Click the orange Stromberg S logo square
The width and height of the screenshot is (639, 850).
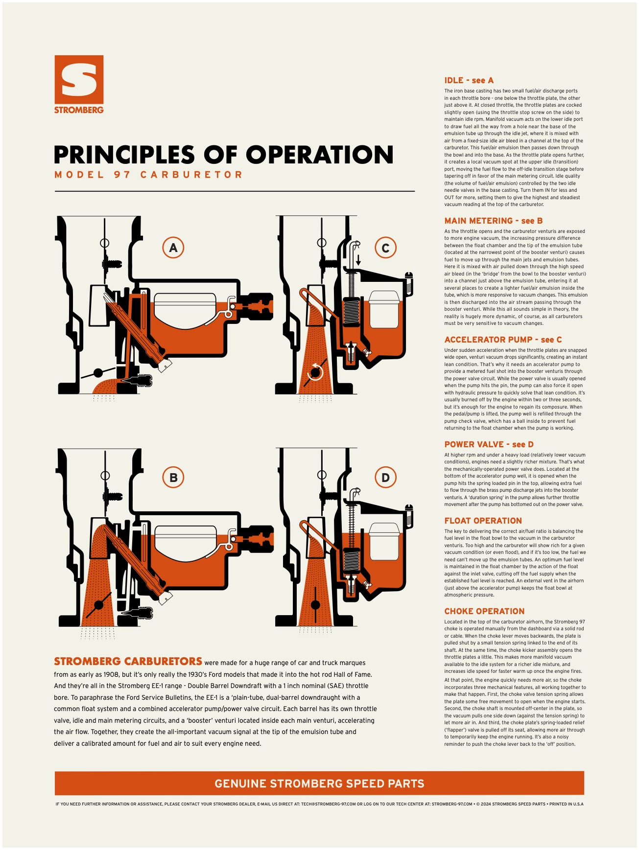point(79,79)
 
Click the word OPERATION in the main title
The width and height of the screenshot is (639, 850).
point(320,155)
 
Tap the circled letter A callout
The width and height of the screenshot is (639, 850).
point(173,248)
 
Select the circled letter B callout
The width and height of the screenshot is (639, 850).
point(173,478)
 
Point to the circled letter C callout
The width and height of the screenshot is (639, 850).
point(385,248)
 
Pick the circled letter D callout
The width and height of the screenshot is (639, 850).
point(385,478)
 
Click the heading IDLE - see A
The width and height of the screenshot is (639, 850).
point(469,80)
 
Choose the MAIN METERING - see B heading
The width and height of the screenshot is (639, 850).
point(494,221)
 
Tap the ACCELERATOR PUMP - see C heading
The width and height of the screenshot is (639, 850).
point(503,340)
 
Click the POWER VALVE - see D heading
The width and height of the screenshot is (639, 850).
point(489,444)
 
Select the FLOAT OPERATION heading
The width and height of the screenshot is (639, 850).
point(483,521)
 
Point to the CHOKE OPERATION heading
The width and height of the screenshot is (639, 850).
point(485,611)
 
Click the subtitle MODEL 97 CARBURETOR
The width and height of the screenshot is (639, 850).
point(148,175)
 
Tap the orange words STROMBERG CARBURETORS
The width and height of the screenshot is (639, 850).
point(128,662)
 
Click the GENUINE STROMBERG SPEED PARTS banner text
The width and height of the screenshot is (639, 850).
point(319,783)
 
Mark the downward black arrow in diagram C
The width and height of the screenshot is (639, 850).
point(358,259)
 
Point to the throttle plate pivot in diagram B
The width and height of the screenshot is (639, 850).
point(99,605)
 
